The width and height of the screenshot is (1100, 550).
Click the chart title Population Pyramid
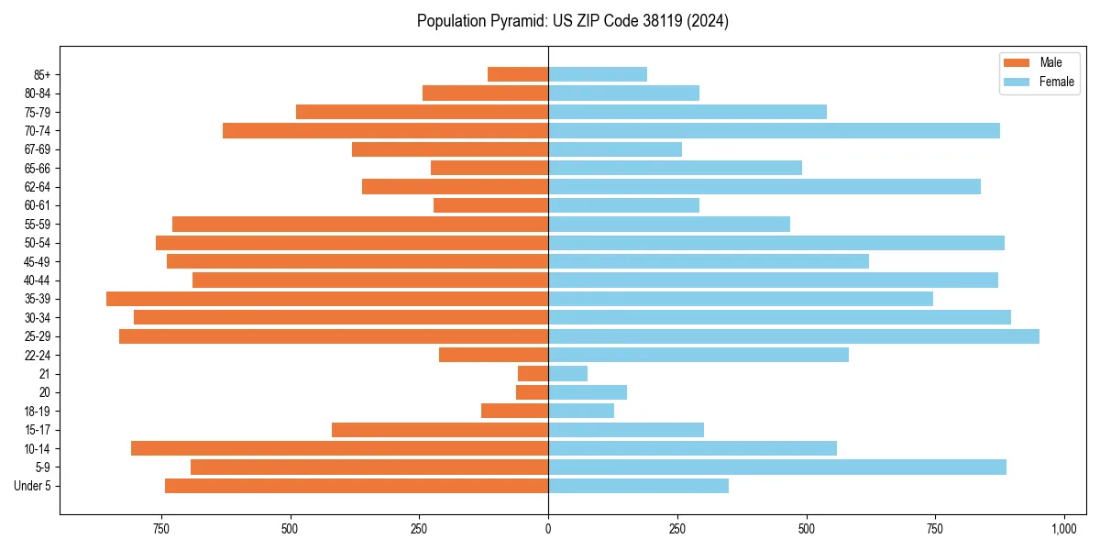(x=572, y=21)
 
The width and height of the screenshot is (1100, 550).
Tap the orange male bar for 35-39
(x=327, y=299)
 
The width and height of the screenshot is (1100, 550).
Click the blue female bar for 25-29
(x=794, y=336)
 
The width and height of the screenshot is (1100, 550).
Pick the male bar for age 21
(x=533, y=374)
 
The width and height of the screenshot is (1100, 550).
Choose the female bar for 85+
(x=598, y=74)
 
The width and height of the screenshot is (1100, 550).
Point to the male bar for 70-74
(x=385, y=130)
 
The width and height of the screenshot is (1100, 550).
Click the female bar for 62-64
(x=764, y=187)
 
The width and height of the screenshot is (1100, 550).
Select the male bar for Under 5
(x=357, y=486)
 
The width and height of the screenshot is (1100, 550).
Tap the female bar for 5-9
(x=777, y=467)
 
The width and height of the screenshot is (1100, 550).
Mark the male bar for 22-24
(x=493, y=355)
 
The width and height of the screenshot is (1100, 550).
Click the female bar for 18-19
(x=581, y=411)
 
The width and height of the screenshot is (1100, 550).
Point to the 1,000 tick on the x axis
(x=1064, y=530)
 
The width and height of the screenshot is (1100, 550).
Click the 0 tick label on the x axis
(x=548, y=530)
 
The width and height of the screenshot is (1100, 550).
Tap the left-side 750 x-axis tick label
(x=161, y=530)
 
